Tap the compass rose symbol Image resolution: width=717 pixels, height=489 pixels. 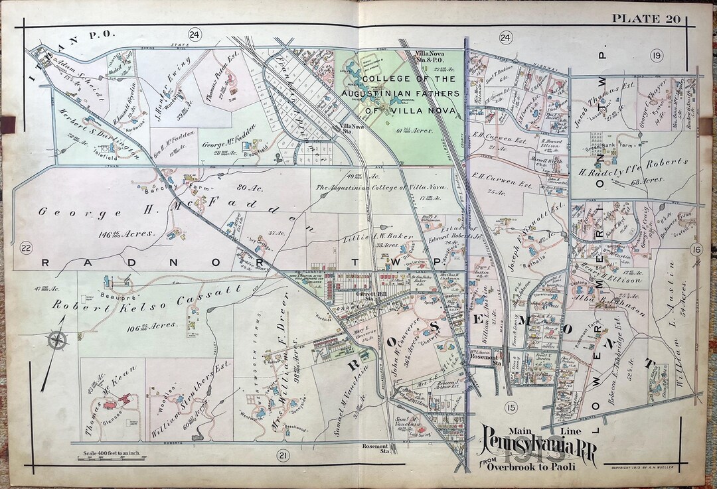click(57, 341)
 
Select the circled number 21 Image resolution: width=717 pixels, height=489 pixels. click(283, 455)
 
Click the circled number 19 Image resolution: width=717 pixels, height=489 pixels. click(657, 55)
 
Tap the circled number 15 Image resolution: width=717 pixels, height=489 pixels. click(510, 407)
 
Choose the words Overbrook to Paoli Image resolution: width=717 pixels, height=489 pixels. click(532, 466)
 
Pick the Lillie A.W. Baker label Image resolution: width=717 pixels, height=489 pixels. click(379, 237)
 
